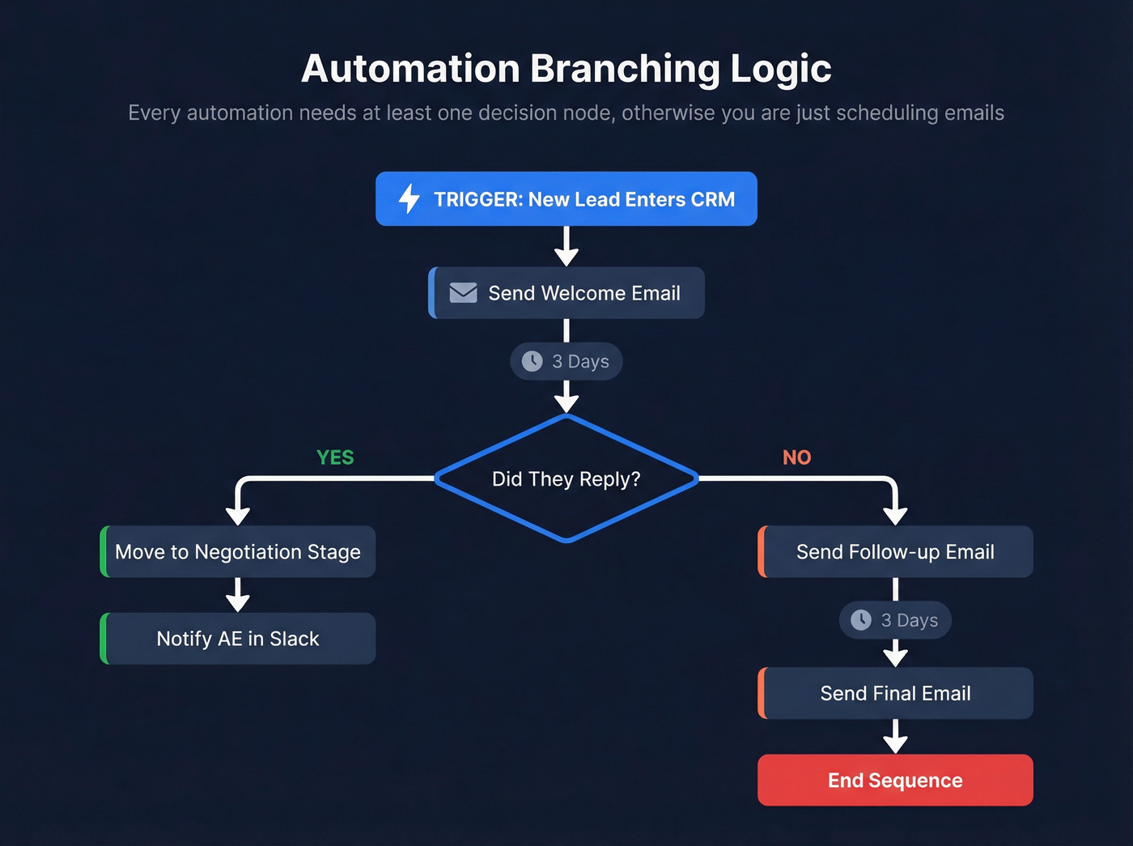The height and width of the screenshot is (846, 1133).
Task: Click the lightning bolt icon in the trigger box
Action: (409, 198)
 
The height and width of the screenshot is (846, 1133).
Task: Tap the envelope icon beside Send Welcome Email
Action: (463, 292)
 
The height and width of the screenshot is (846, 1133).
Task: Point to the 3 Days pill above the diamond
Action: (566, 361)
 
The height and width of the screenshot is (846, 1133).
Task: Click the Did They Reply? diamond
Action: (566, 478)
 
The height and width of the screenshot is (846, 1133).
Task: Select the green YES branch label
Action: (335, 457)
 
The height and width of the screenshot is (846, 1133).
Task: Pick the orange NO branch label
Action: (796, 457)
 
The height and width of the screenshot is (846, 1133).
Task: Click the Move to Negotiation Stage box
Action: (238, 552)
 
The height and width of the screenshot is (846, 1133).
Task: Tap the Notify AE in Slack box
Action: (238, 639)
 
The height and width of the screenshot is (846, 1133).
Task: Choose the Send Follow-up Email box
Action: (895, 552)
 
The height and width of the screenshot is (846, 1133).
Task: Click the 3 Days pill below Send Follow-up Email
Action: (895, 620)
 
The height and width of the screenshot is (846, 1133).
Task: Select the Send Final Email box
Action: (895, 693)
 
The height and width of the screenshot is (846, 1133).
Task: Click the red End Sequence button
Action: (895, 780)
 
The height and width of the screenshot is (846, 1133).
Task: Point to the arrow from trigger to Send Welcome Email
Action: (566, 246)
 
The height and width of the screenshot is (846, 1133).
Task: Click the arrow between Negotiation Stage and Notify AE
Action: (238, 595)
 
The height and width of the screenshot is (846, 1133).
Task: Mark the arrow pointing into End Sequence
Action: (895, 737)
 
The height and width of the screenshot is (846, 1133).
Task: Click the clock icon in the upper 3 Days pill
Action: (532, 361)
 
